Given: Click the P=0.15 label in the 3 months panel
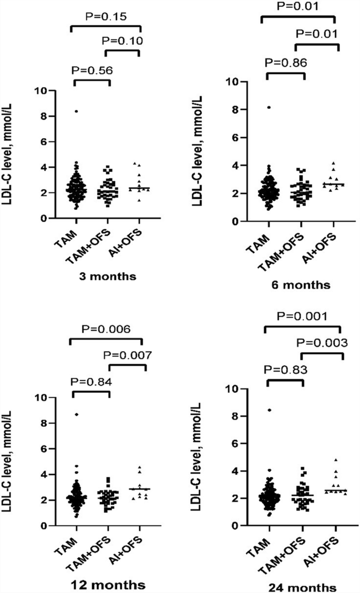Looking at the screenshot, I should click(x=105, y=17).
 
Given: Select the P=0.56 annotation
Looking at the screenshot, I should click(x=92, y=69).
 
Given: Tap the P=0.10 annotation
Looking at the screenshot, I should click(x=122, y=40).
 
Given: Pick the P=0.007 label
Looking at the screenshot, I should click(x=128, y=355).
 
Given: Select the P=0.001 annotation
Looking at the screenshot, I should click(x=302, y=317).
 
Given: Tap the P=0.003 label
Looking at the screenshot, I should click(x=322, y=343).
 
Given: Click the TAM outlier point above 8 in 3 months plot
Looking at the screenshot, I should click(x=76, y=111).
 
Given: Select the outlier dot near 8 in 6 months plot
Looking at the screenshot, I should click(x=269, y=107).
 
